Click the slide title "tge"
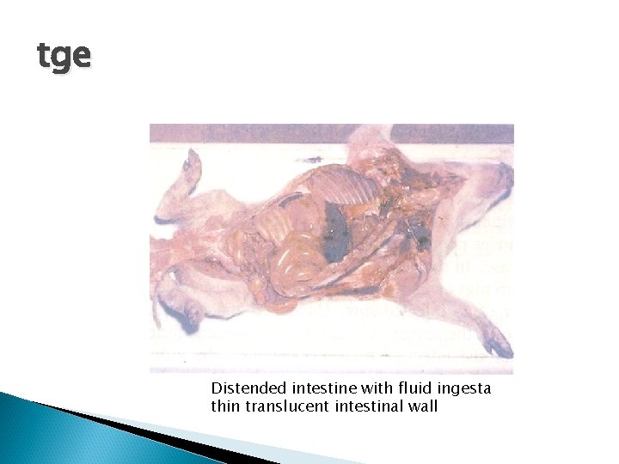(64, 57)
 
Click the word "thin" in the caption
(225, 406)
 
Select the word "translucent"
(288, 406)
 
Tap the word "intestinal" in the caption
(371, 406)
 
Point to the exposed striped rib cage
(340, 185)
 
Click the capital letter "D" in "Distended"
(216, 388)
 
